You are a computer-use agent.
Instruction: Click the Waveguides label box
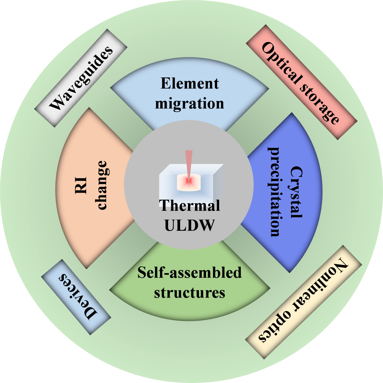click(x=81, y=78)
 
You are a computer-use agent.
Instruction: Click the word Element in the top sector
click(x=189, y=84)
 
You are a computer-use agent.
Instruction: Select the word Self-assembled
click(x=189, y=273)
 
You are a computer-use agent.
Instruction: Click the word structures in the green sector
click(x=189, y=293)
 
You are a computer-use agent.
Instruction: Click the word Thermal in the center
click(x=189, y=206)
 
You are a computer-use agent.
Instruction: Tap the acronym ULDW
click(x=189, y=225)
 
